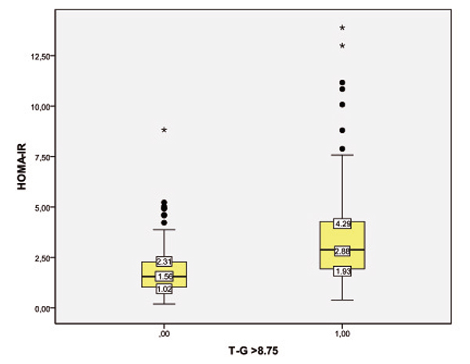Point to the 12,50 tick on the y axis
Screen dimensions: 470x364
pyautogui.click(x=39, y=56)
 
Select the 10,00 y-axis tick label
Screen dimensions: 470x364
pyautogui.click(x=39, y=106)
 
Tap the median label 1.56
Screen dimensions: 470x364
pyautogui.click(x=164, y=276)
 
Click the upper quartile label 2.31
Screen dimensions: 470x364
pyautogui.click(x=164, y=261)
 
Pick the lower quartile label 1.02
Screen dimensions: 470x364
pyautogui.click(x=164, y=289)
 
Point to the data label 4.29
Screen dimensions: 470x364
pyautogui.click(x=342, y=224)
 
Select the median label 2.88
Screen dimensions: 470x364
pyautogui.click(x=342, y=250)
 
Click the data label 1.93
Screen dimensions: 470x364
pyautogui.click(x=342, y=271)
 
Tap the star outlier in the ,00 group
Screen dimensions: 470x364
pyautogui.click(x=164, y=130)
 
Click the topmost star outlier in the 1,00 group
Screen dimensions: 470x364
pyautogui.click(x=342, y=28)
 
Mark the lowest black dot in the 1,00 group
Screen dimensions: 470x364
pyautogui.click(x=342, y=149)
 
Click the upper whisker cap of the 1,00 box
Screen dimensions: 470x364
pyautogui.click(x=342, y=155)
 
